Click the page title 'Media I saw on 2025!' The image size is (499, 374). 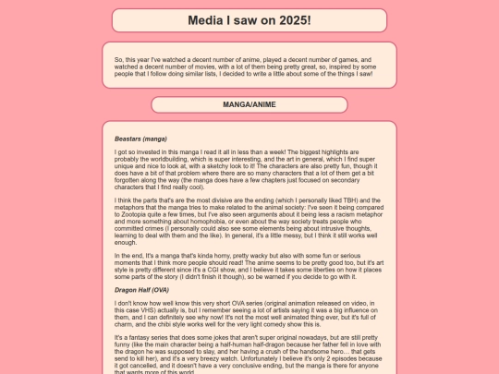(x=249, y=19)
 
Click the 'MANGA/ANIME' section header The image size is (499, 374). (x=249, y=105)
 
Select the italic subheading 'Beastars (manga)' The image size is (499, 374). (x=140, y=139)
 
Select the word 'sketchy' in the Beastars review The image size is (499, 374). (x=237, y=164)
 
